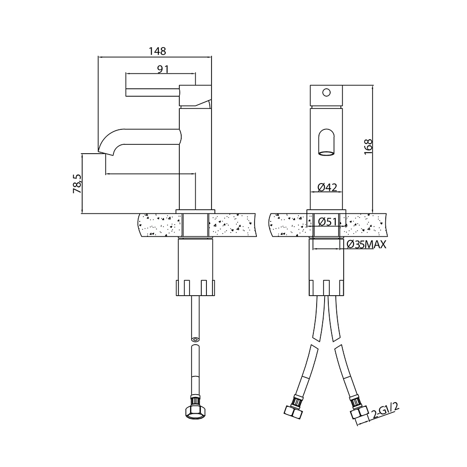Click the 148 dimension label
coord(157,51)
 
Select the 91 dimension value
coord(163,70)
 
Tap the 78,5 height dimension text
coord(77,184)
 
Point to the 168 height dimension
coord(368,147)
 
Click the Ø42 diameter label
coord(327,187)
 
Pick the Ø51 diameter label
coord(327,221)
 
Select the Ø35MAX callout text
coord(367,245)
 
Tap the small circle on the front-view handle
coord(326,92)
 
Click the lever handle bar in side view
coord(153,92)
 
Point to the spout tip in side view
coord(106,152)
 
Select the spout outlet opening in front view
coord(326,153)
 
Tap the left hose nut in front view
coord(293,411)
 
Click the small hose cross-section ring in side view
coord(195,339)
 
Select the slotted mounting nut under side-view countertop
coord(195,288)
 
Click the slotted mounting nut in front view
coord(326,288)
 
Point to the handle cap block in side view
coord(195,96)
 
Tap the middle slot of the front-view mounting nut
coord(326,288)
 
